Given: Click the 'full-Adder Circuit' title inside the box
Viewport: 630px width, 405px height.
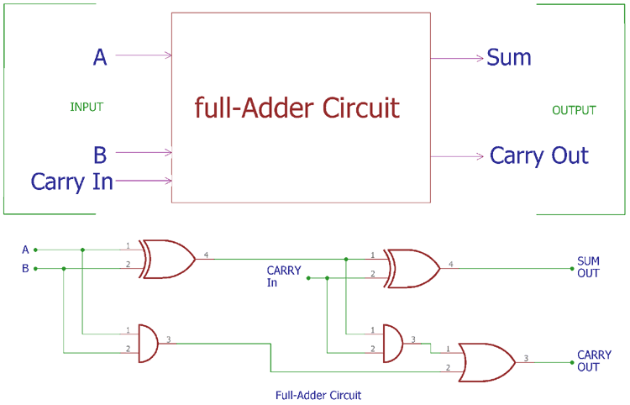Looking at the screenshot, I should coord(297,108).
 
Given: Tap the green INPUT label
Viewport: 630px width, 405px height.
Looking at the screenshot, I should coord(86,107).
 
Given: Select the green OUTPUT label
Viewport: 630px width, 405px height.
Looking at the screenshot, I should coord(574,110).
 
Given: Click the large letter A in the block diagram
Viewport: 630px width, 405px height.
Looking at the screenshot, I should coord(100,57).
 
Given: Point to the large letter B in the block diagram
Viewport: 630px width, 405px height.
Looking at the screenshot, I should coord(100,154).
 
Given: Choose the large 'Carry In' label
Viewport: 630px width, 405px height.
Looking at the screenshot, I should coord(71,181).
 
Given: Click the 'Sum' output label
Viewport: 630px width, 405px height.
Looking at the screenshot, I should coord(509,58).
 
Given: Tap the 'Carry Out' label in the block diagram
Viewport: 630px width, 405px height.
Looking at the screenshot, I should coord(539,155).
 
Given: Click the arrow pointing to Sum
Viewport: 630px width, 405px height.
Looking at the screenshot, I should coord(458,58).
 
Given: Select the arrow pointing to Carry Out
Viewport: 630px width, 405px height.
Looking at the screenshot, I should coord(458,156).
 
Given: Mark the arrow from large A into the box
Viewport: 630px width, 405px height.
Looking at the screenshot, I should coord(144,55).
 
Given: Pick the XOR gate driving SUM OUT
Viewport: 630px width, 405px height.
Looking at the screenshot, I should coord(412,268).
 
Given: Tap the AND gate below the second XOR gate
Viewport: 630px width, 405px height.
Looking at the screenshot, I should coord(392,342).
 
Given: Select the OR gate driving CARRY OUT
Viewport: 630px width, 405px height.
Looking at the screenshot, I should coord(487,361).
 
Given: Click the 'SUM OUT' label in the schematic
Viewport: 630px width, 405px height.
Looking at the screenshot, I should coord(588,267).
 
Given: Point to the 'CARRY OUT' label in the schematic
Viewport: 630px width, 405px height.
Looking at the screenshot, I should coord(594,361).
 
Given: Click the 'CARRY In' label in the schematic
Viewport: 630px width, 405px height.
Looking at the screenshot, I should coord(283,276).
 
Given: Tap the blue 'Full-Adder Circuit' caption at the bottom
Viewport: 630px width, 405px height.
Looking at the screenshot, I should coord(318,394).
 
